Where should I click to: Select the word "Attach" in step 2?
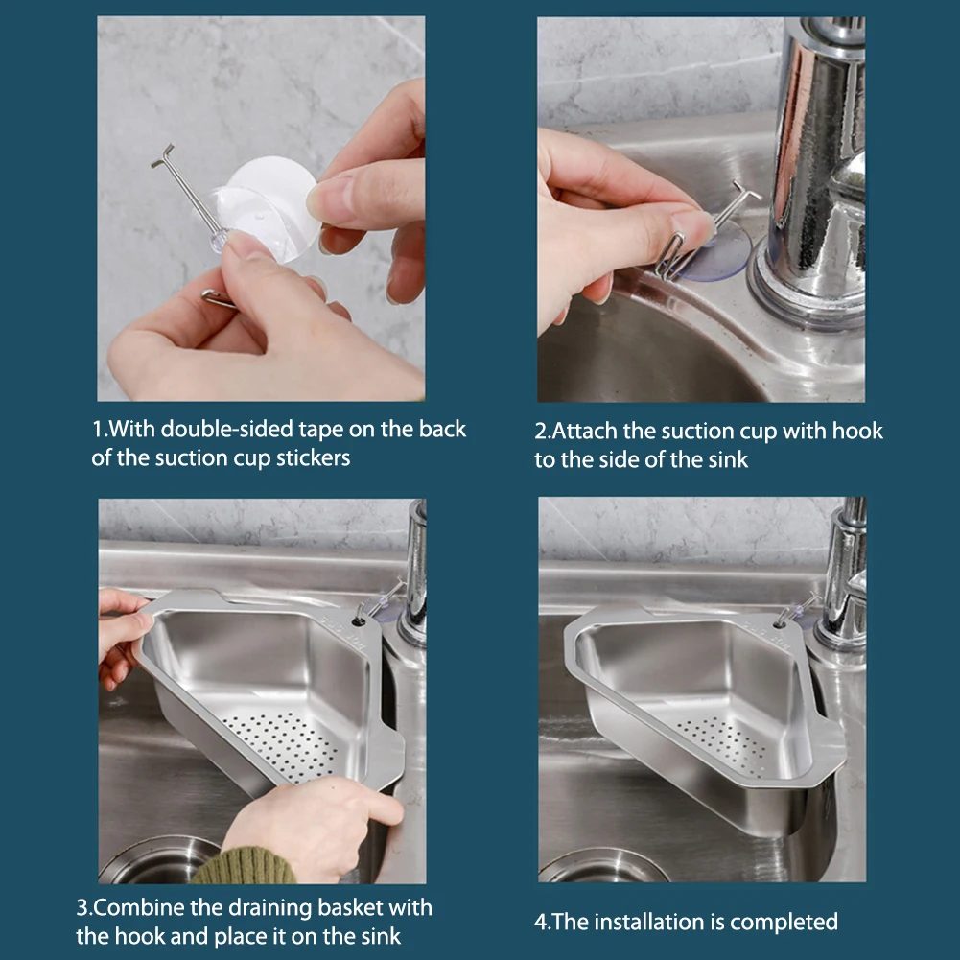[x=585, y=431]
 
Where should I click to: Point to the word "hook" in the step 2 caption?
[x=856, y=431]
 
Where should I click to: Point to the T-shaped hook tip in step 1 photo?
[x=163, y=155]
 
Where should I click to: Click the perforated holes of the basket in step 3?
[x=279, y=747]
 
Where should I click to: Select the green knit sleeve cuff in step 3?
[x=244, y=866]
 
